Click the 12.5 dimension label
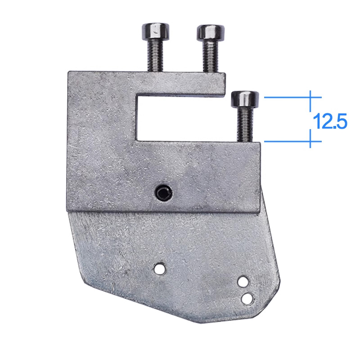(330, 121)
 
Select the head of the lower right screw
(245, 99)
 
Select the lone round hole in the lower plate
(158, 269)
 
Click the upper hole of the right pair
(243, 282)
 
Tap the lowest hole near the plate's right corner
(247, 298)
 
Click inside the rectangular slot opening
(180, 117)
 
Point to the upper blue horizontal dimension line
(292, 97)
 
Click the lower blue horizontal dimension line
(292, 141)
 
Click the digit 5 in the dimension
(341, 122)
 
